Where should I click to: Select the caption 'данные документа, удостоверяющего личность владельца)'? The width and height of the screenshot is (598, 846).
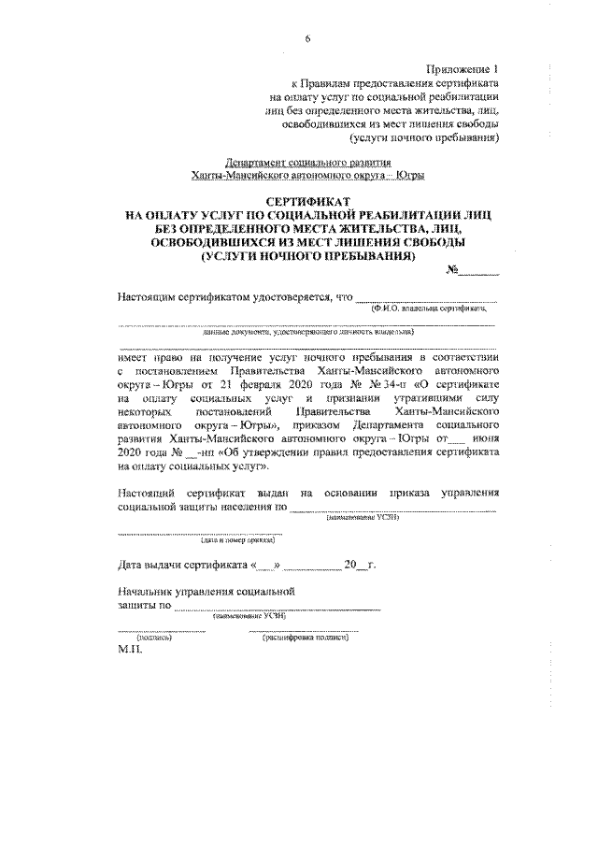pyautogui.click(x=307, y=331)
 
